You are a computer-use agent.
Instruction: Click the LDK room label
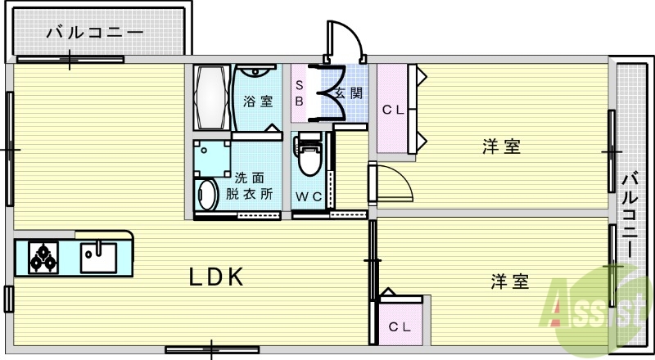click(x=217, y=277)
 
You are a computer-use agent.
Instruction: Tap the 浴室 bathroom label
click(x=258, y=101)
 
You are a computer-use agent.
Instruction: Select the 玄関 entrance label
click(x=349, y=92)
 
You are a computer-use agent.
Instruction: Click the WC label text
click(x=309, y=196)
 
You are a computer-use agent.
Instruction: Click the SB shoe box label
click(x=300, y=93)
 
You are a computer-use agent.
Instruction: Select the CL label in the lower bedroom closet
click(x=400, y=327)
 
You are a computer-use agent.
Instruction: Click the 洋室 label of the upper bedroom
click(x=501, y=147)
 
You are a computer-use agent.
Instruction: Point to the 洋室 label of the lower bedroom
click(x=509, y=282)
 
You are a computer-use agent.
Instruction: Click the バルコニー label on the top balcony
click(x=95, y=34)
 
